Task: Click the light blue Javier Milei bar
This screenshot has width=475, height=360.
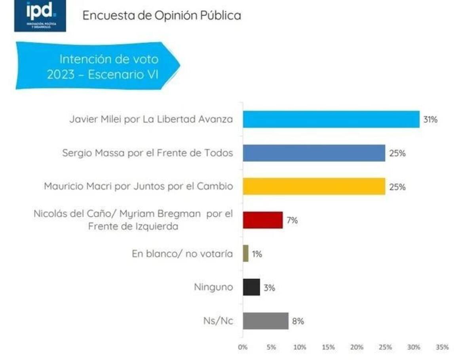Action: point(331,119)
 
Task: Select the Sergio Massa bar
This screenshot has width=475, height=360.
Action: point(314,153)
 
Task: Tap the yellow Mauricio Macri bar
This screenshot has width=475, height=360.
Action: point(314,186)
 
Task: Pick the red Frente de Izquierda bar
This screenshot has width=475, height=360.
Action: point(263,220)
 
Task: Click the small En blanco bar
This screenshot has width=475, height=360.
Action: point(246,254)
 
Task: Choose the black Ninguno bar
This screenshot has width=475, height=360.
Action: point(251,287)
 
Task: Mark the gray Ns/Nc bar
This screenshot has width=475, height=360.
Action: point(266,321)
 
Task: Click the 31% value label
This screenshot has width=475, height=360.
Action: point(430,119)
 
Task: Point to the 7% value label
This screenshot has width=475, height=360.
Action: point(292,220)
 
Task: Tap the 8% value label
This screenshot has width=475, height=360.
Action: point(298,321)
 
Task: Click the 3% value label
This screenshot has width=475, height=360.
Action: point(270,288)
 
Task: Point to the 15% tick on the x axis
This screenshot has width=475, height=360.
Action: point(328,347)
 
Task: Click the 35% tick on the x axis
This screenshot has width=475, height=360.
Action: point(442,347)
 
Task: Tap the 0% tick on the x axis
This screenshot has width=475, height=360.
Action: point(242,347)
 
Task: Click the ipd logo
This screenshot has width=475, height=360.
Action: point(40,16)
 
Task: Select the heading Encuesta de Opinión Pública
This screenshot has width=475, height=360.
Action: point(161,15)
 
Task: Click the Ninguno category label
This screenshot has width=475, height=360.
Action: point(213,287)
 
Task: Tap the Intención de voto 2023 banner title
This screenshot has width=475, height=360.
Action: point(103,66)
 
